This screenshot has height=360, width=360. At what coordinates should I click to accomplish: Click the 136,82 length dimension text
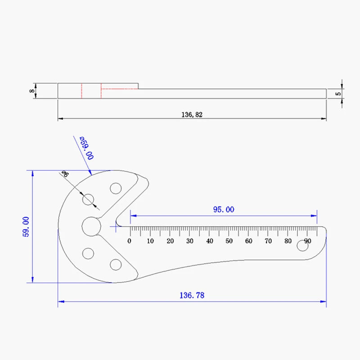point(192,115)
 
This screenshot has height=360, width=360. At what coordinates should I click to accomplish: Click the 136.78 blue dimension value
point(192,296)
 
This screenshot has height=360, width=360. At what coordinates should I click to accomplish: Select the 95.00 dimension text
point(224,209)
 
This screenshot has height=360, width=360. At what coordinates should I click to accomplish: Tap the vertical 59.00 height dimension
point(26,226)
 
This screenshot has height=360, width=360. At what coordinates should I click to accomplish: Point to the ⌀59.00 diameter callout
point(86,148)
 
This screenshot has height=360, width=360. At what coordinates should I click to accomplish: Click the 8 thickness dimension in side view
point(31,91)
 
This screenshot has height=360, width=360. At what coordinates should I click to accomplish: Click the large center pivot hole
point(91,226)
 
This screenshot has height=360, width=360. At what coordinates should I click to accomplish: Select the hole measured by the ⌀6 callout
point(88,200)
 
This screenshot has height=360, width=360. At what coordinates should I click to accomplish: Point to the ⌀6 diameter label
point(65,174)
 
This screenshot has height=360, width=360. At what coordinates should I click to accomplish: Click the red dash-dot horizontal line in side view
point(119,89)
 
